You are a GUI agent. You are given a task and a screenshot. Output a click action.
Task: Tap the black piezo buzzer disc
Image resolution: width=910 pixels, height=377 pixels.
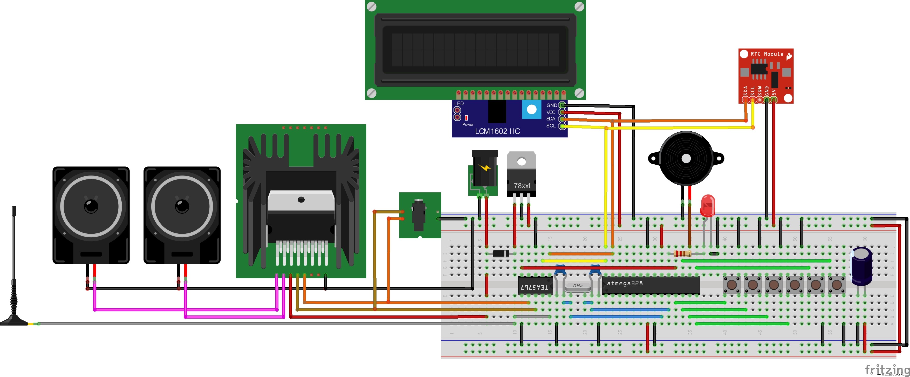tap(686, 159)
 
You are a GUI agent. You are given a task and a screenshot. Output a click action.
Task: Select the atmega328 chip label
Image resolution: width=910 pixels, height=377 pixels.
tap(625, 283)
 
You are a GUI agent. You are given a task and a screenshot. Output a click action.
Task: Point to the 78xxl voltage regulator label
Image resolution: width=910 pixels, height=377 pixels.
tap(522, 185)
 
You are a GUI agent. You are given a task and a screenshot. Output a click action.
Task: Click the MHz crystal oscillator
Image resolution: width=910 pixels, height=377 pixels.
tap(577, 286)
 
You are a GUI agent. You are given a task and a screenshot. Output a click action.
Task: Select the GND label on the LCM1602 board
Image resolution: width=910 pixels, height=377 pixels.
tap(551, 105)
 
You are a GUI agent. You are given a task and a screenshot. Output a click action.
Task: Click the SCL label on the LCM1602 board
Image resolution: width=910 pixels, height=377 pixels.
tap(551, 126)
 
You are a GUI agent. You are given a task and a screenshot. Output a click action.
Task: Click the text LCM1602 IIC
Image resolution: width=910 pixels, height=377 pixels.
tap(497, 131)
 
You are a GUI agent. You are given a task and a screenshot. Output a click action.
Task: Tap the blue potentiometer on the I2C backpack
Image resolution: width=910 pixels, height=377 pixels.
tap(531, 110)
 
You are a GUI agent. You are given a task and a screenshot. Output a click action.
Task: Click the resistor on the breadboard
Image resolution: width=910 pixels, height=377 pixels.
tap(682, 253)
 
